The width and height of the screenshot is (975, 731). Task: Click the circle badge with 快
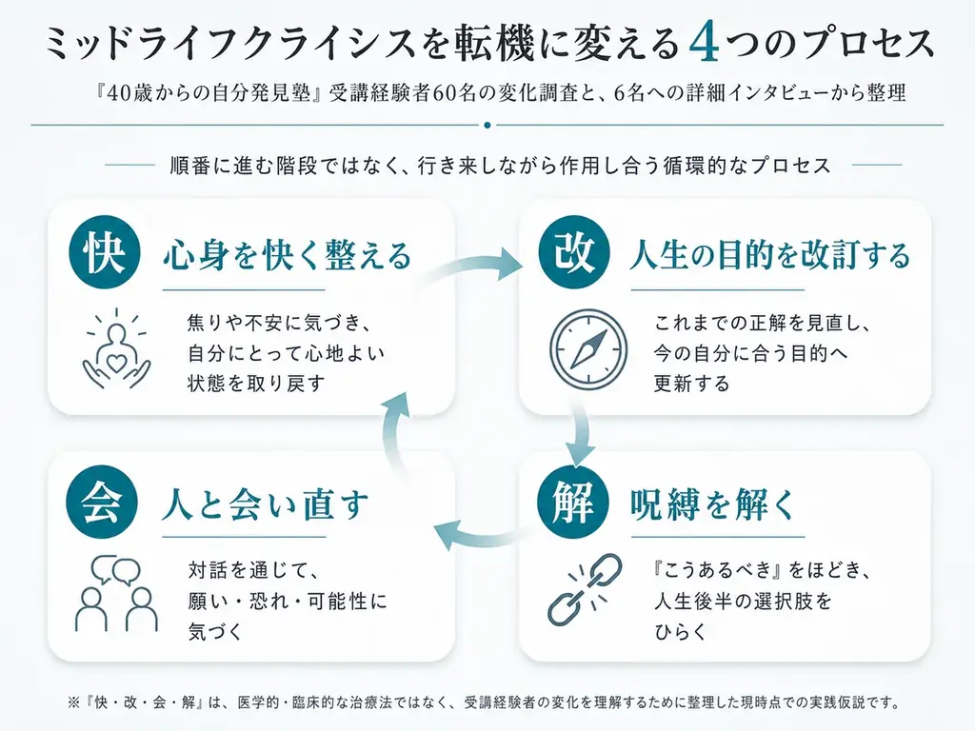point(105,252)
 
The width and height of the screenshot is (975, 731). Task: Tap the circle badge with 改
point(574,252)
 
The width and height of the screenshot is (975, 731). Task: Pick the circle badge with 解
point(573,503)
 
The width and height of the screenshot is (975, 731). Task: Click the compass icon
point(588,350)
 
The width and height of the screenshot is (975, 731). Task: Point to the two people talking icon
point(116,592)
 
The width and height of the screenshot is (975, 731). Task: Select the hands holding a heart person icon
point(116,348)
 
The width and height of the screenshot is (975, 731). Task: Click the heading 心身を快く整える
point(288,255)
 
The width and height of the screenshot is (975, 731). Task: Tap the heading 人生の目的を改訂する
point(769,255)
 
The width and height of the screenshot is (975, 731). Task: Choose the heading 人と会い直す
point(266,504)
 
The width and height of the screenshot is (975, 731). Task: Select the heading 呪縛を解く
point(712,504)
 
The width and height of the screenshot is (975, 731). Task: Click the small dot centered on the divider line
point(487,125)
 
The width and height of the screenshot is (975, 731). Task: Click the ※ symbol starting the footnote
point(73,703)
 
